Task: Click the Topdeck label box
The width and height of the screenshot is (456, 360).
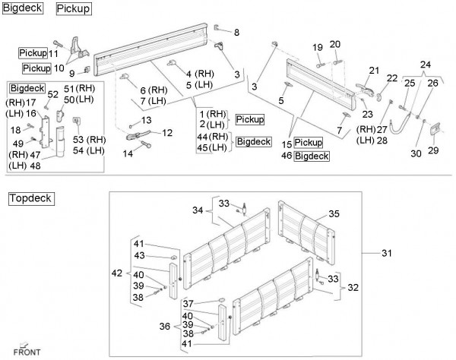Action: pyautogui.click(x=31, y=199)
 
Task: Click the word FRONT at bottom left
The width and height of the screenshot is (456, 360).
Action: pyautogui.click(x=27, y=352)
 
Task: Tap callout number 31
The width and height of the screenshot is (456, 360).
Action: pyautogui.click(x=387, y=253)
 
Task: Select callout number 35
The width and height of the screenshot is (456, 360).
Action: pyautogui.click(x=334, y=214)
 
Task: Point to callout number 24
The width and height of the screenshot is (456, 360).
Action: pyautogui.click(x=425, y=65)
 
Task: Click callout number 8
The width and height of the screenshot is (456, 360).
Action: pyautogui.click(x=236, y=32)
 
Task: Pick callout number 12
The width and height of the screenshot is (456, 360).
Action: pyautogui.click(x=167, y=133)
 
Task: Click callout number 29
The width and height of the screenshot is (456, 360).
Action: pyautogui.click(x=433, y=150)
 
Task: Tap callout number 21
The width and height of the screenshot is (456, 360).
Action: pyautogui.click(x=374, y=71)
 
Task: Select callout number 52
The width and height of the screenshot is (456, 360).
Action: pyautogui.click(x=53, y=94)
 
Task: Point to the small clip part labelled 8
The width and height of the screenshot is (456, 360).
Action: pyautogui.click(x=217, y=27)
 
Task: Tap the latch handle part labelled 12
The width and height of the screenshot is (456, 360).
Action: pyautogui.click(x=138, y=135)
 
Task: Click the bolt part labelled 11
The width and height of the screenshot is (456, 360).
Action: pyautogui.click(x=59, y=44)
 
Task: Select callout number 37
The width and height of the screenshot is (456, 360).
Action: pyautogui.click(x=188, y=304)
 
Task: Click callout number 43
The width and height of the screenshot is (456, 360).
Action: pyautogui.click(x=139, y=255)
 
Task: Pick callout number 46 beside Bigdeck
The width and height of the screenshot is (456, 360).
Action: pyautogui.click(x=287, y=156)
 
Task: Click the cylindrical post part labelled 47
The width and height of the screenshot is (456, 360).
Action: pyautogui.click(x=60, y=141)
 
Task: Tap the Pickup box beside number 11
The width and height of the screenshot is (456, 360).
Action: pyautogui.click(x=33, y=53)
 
